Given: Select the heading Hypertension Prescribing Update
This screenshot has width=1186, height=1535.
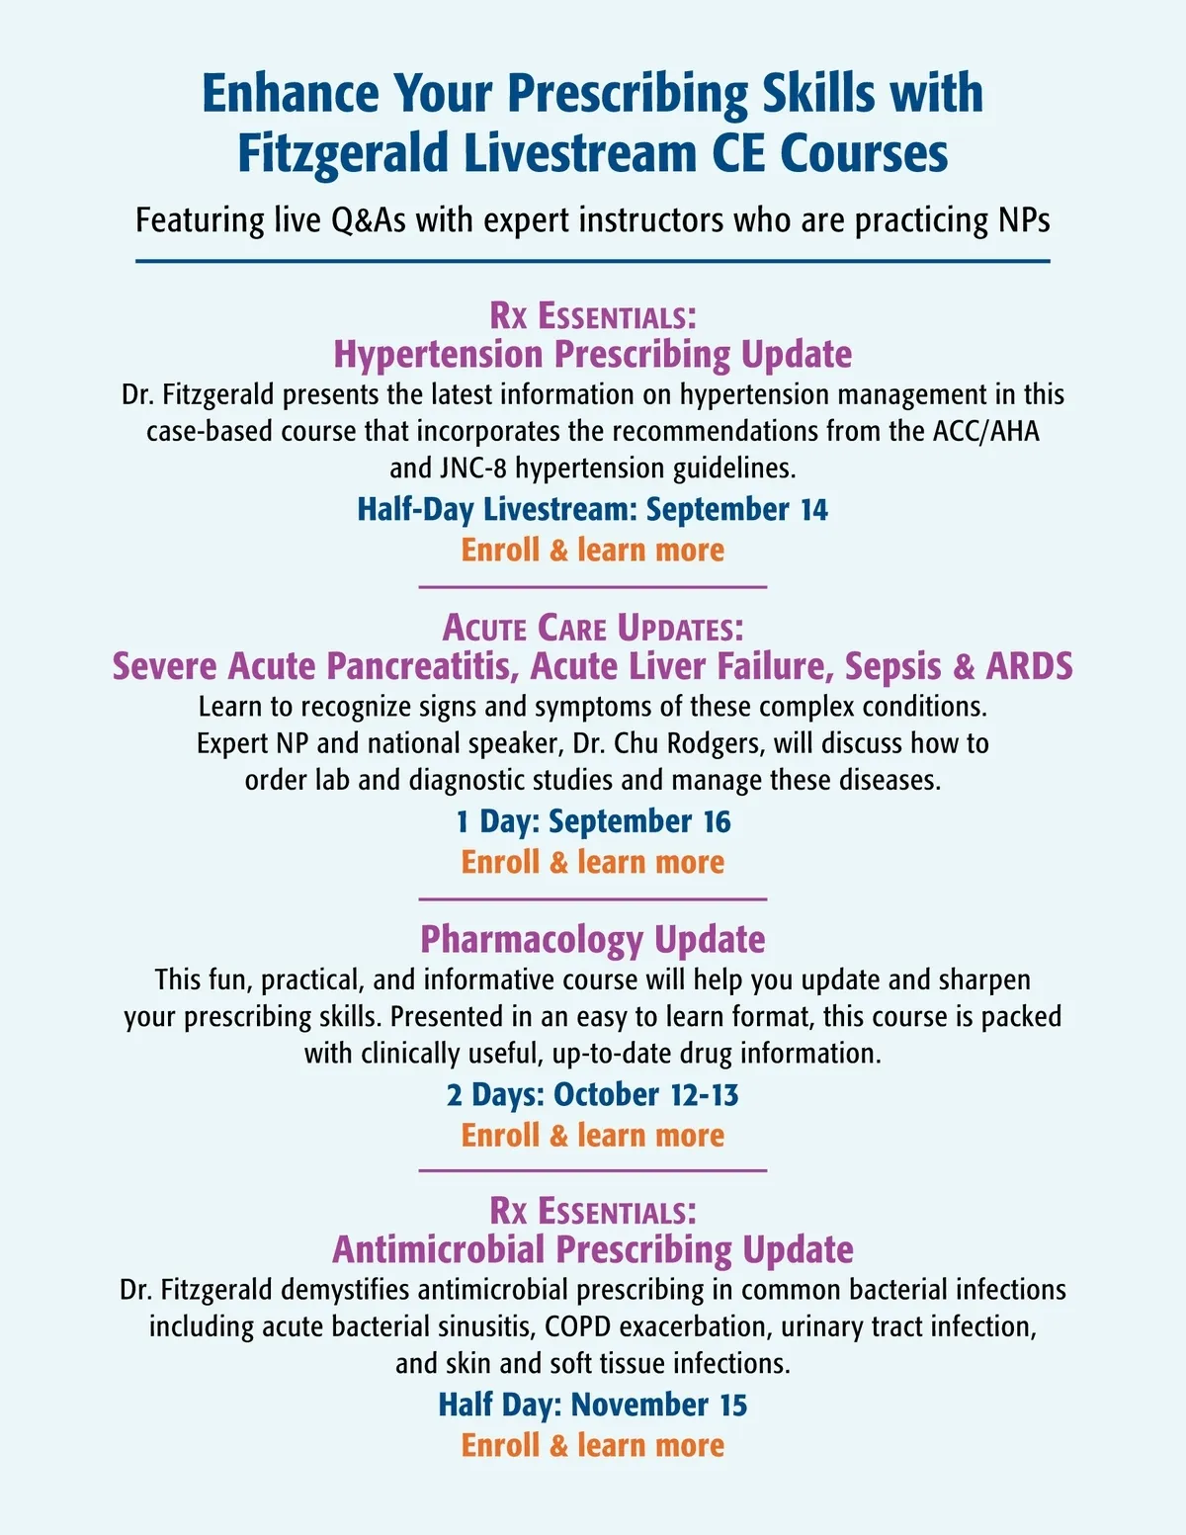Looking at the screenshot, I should [592, 354].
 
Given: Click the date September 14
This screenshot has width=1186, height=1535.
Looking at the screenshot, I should [737, 509].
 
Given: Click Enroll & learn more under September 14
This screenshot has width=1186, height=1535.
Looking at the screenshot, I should [592, 550].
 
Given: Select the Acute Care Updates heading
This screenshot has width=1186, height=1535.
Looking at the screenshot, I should [592, 628].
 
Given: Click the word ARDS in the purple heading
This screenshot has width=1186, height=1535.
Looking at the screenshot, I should [1029, 666].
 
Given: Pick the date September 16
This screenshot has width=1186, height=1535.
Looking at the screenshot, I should [639, 821].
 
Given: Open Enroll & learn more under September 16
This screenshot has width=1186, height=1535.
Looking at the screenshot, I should [592, 862].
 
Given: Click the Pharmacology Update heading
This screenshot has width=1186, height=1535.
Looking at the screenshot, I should [592, 939].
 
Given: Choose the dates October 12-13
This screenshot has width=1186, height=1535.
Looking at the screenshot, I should [645, 1095].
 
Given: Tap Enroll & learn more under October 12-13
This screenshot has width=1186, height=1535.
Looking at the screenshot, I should [592, 1135].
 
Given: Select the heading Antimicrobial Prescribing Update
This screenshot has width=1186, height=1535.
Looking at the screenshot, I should [592, 1249].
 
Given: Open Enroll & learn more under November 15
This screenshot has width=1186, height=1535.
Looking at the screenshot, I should [592, 1445].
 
